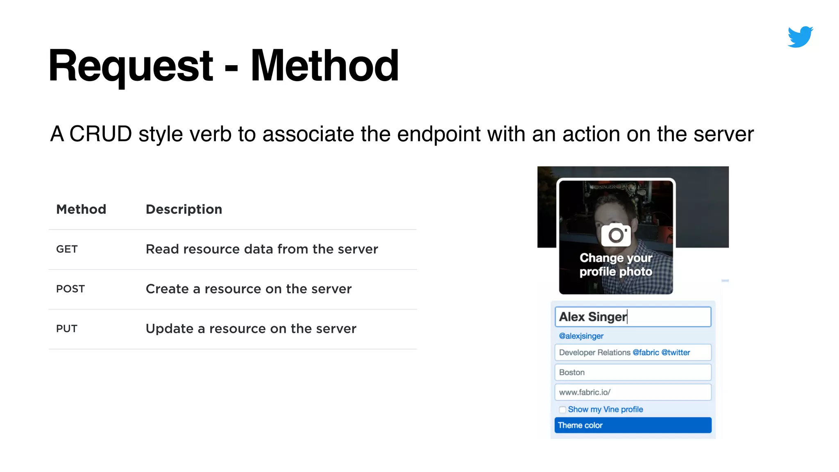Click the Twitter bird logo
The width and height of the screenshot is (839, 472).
tap(800, 37)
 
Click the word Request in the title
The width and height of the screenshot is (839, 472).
tap(131, 66)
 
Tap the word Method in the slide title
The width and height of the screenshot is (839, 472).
tap(324, 66)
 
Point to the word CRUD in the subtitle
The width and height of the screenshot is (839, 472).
tap(100, 134)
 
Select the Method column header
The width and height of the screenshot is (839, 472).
tap(81, 209)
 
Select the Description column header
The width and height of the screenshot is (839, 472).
tap(184, 209)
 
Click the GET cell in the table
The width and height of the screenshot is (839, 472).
tap(67, 249)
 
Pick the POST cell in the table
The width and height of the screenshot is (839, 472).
tap(70, 289)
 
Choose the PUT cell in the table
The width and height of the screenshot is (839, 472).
tap(67, 329)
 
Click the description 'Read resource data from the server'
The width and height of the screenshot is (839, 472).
tap(262, 249)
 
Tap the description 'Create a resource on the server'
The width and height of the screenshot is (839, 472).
tap(249, 289)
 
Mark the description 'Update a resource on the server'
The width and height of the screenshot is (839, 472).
tap(251, 329)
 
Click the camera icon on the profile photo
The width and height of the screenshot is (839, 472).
tap(616, 235)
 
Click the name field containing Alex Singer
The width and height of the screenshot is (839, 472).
tap(633, 317)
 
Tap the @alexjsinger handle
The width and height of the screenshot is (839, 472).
tap(581, 336)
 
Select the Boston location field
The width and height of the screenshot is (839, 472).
tap(633, 372)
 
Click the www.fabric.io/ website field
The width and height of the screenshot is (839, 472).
tap(633, 392)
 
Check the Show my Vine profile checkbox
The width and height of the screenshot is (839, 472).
tap(562, 410)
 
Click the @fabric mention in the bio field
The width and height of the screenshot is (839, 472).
tap(646, 352)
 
